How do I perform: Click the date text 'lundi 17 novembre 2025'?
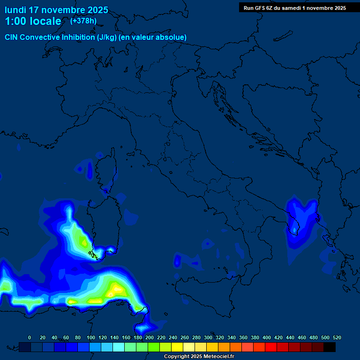coord(56,10)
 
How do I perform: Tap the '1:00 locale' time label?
coord(33,21)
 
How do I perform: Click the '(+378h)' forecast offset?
coord(83,21)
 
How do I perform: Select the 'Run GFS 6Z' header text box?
coord(294,7)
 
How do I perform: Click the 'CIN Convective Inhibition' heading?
coord(50,37)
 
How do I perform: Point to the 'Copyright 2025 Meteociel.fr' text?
coord(199,356)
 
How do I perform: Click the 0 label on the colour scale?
coord(30,337)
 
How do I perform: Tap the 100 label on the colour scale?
coord(91,337)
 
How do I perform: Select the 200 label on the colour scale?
coord(150,337)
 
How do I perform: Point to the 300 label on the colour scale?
coord(208,337)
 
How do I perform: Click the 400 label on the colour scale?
coord(267,337)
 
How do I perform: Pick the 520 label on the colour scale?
coord(337,337)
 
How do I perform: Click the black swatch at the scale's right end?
coord(330,347)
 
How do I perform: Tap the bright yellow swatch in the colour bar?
coord(177,347)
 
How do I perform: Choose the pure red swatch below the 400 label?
coord(271,347)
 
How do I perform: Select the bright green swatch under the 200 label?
coord(154,347)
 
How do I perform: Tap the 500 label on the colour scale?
coord(325,337)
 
